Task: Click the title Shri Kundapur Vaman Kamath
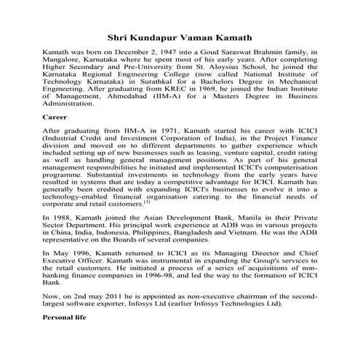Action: click(x=180, y=36)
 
